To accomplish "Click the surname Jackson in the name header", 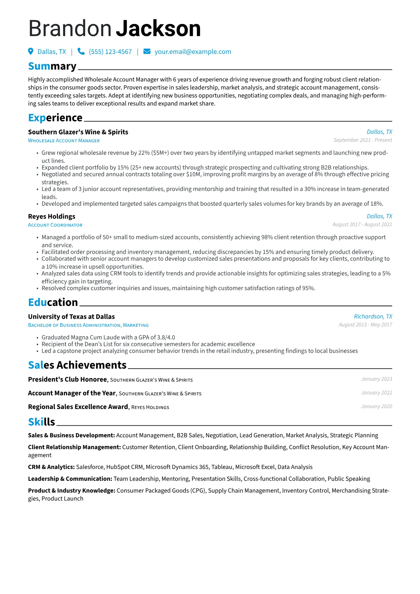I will [158, 29].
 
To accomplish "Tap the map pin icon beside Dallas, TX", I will [31, 52].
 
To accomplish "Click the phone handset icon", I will [81, 52].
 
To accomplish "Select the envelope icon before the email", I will [147, 52].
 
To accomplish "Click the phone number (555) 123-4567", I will [110, 52].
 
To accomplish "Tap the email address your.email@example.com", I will [193, 52].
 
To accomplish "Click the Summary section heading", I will [52, 66].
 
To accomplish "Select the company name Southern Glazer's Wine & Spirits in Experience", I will [78, 132].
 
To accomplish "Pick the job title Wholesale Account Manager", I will [64, 140].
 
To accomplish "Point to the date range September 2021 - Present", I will [362, 140].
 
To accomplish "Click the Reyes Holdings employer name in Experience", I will [52, 216].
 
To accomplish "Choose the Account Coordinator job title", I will [55, 225].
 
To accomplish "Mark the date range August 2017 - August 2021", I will [362, 224].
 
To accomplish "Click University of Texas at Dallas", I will [71, 317].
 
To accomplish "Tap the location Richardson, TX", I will [373, 317].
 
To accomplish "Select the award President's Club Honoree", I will [67, 379].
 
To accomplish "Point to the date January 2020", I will [376, 407].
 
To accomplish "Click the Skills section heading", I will [42, 422].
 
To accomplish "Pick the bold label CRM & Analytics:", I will [51, 467].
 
